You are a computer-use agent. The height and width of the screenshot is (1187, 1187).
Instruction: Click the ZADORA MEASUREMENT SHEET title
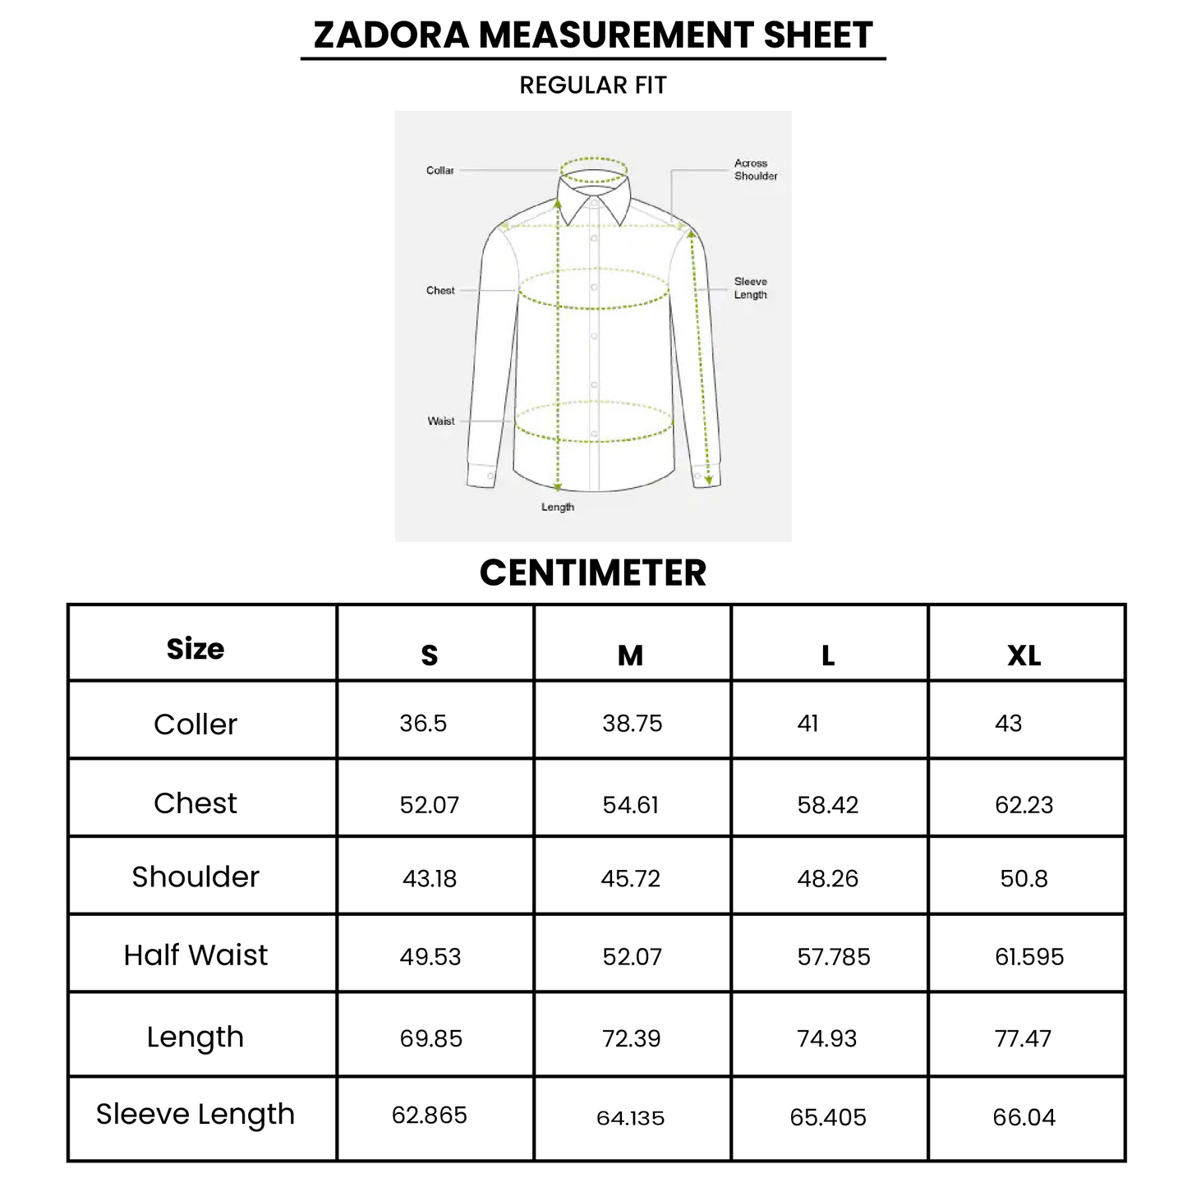click(593, 35)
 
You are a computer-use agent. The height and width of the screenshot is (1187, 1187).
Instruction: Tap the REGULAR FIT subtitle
click(593, 85)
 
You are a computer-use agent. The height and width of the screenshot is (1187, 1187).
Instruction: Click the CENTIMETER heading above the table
click(593, 573)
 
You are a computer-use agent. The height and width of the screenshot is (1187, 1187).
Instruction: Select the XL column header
click(1024, 656)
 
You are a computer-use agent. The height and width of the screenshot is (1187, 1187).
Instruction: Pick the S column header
click(430, 656)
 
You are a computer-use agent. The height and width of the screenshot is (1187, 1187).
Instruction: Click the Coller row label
click(196, 725)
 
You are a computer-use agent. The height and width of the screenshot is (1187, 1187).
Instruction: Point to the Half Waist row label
click(196, 955)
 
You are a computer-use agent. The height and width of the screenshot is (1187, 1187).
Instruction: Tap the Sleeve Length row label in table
click(196, 1114)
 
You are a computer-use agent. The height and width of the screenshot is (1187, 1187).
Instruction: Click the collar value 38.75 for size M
click(632, 724)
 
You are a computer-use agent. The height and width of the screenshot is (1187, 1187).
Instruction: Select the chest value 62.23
click(1024, 805)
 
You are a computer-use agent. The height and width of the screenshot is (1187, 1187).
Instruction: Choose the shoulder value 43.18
click(430, 879)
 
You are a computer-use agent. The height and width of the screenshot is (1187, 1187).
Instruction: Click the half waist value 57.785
click(834, 957)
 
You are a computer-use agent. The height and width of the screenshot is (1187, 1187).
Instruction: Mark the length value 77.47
click(1023, 1039)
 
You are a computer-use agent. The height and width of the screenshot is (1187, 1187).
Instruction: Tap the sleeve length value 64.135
click(631, 1118)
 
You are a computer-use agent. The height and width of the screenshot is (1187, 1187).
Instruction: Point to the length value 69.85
click(431, 1039)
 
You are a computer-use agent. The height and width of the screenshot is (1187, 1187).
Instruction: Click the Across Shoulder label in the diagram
click(755, 170)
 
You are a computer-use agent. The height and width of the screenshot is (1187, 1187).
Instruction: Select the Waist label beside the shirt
click(441, 421)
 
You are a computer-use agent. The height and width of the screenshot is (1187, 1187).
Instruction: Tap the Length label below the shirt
click(558, 507)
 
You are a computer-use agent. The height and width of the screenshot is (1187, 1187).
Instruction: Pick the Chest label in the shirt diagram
click(440, 291)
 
